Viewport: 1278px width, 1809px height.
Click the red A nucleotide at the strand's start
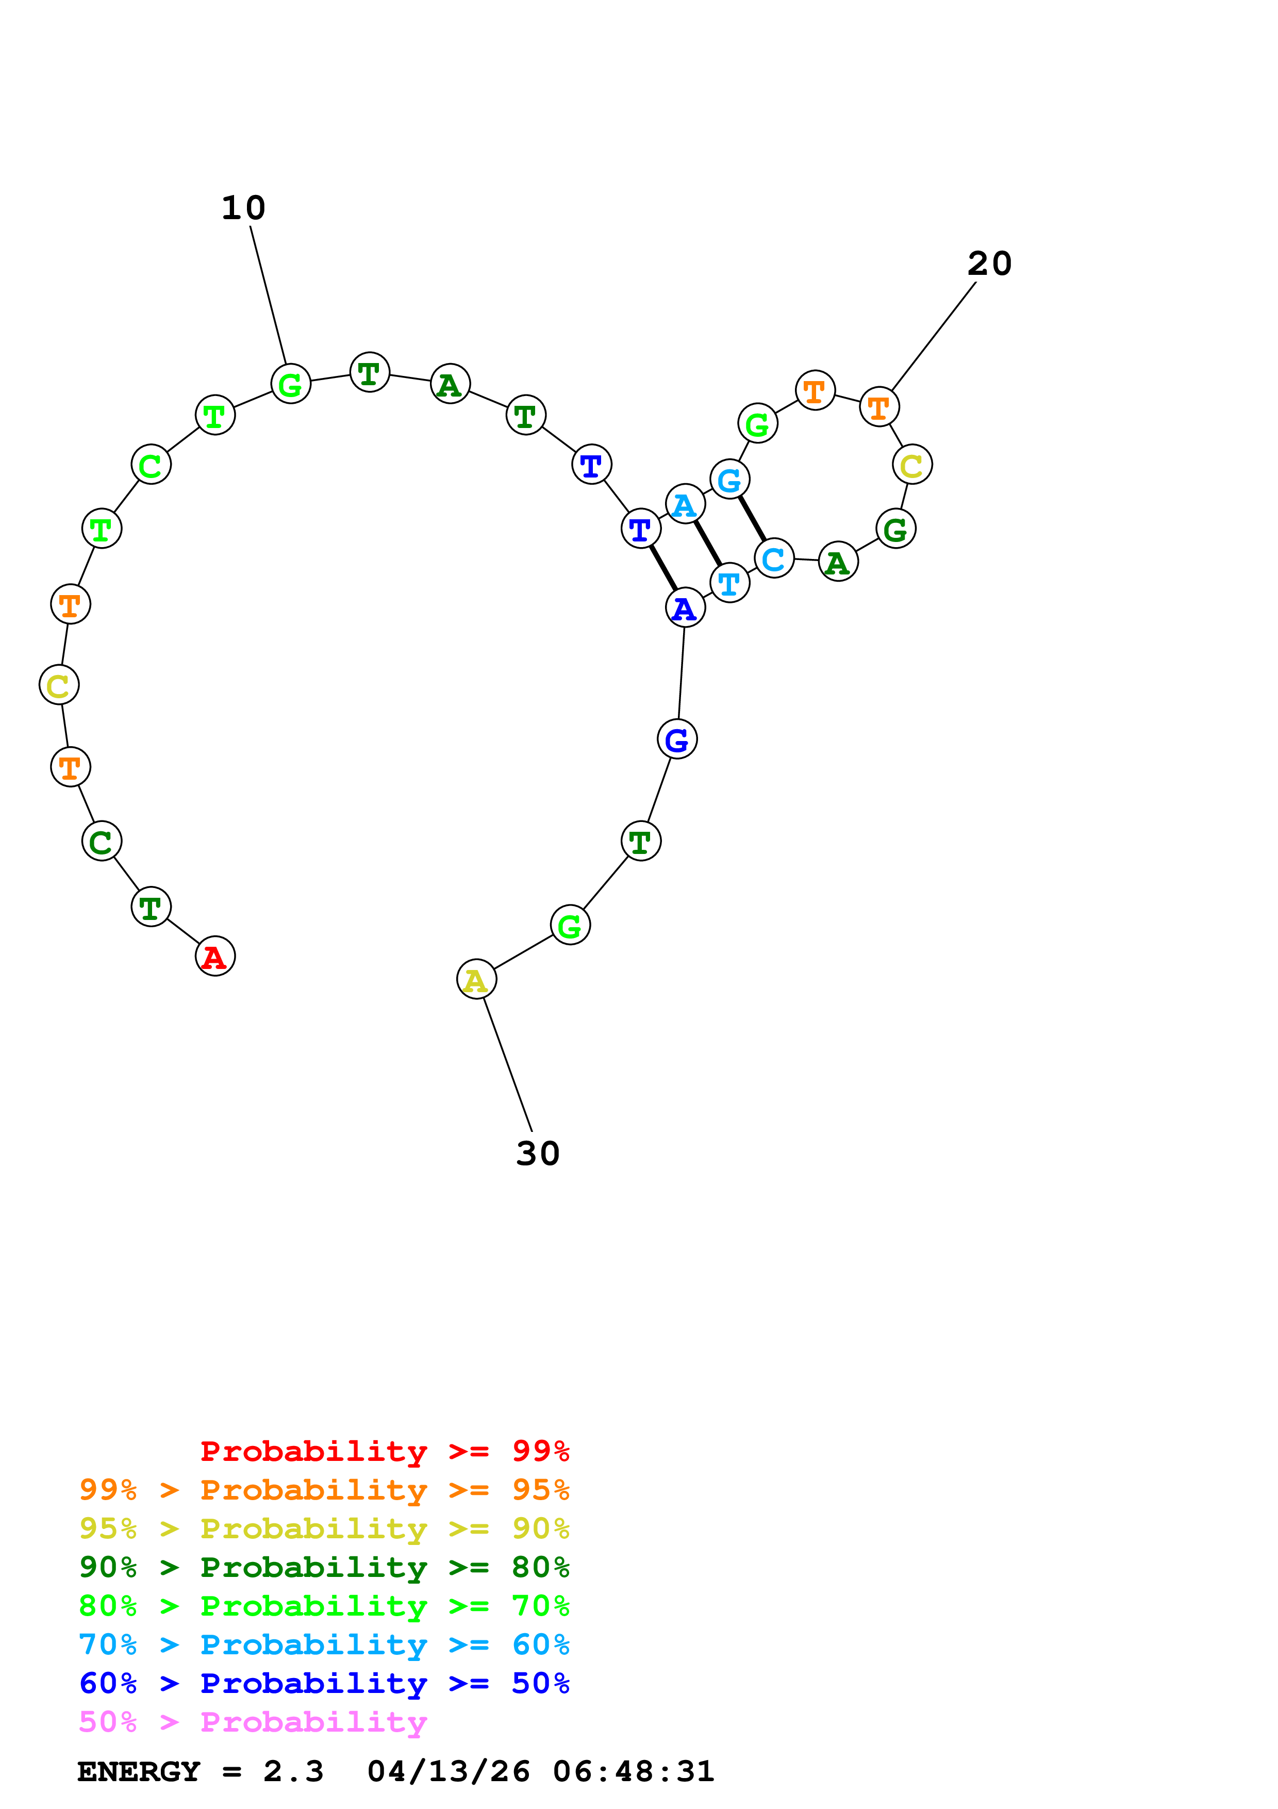pos(215,957)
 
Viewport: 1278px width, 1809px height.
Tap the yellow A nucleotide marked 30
pos(476,979)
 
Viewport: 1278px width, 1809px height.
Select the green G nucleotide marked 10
pos(291,384)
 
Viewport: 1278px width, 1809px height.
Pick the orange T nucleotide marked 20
pos(879,407)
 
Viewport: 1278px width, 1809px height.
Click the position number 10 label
pos(243,208)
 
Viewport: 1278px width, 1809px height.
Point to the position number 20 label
pos(989,264)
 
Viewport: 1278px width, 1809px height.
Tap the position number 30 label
pos(538,1154)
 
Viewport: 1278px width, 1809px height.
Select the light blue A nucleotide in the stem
pos(685,504)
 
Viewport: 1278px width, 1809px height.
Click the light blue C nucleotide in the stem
pos(774,558)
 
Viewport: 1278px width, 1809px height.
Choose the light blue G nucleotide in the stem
pos(729,479)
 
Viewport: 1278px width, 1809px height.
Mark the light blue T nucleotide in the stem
pos(729,583)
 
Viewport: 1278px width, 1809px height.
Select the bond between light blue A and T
pos(707,544)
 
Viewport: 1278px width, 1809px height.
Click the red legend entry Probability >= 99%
pos(384,1451)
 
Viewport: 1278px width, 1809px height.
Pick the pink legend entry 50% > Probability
pos(253,1722)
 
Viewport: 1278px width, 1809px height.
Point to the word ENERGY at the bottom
pos(139,1772)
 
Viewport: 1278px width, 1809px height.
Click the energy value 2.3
pos(293,1772)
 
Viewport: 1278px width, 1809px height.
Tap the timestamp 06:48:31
pos(633,1772)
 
